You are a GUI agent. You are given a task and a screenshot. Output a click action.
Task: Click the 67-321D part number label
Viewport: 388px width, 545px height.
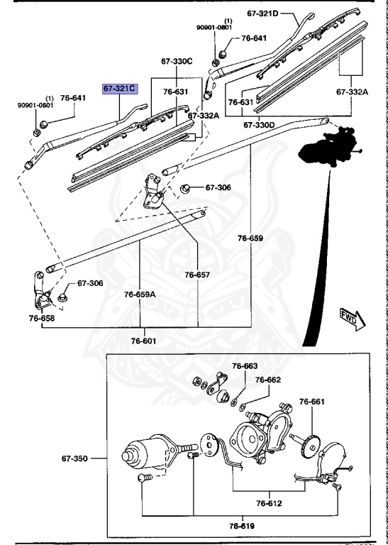pyautogui.click(x=263, y=13)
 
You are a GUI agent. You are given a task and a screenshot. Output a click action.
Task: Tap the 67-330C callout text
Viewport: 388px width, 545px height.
pyautogui.click(x=177, y=62)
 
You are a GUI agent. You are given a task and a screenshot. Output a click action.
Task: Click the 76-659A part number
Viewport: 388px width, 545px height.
pyautogui.click(x=141, y=293)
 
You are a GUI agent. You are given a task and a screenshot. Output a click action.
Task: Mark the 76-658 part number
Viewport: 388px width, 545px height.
pyautogui.click(x=42, y=319)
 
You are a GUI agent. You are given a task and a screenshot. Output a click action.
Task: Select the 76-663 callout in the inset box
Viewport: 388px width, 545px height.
pyautogui.click(x=246, y=366)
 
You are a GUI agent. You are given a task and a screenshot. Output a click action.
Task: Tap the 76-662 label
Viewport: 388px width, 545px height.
pyautogui.click(x=268, y=380)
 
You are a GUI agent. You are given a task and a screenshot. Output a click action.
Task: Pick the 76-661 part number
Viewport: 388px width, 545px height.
pyautogui.click(x=311, y=402)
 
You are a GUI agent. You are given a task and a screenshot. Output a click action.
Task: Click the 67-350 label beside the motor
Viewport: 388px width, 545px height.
pyautogui.click(x=75, y=459)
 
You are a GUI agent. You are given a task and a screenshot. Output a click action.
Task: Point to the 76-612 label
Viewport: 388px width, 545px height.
pyautogui.click(x=270, y=504)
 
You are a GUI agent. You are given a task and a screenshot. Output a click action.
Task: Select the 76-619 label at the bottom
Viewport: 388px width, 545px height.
pyautogui.click(x=243, y=526)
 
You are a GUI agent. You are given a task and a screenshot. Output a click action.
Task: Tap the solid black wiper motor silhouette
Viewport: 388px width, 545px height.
pyautogui.click(x=328, y=145)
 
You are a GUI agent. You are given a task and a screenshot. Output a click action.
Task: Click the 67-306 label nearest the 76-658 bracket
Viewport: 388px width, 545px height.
pyautogui.click(x=90, y=283)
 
